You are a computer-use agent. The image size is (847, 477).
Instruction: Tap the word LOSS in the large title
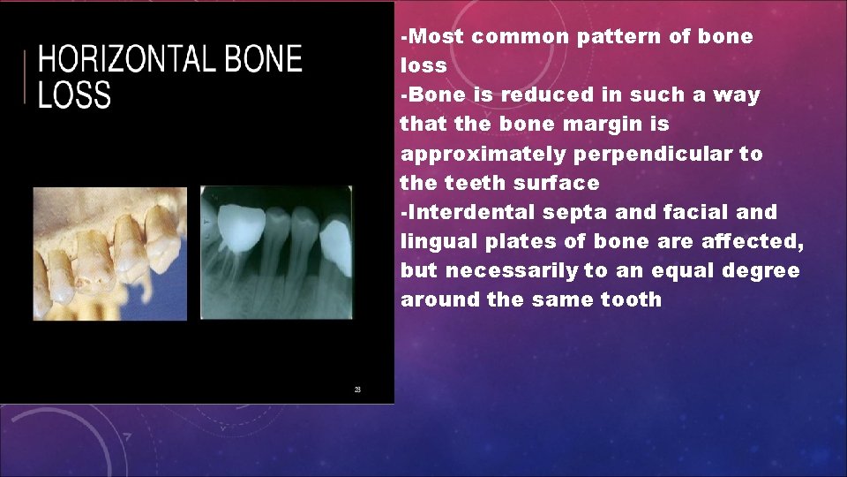74,95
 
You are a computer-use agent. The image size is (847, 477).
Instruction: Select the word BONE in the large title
263,60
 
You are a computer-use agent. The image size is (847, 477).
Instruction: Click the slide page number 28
357,390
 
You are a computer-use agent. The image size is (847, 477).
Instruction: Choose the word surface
558,183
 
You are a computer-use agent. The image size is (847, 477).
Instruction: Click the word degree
761,270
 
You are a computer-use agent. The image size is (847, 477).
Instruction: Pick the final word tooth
630,299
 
